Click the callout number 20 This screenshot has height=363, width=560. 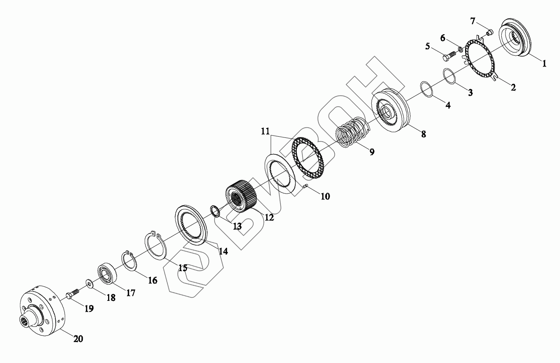tap(78, 339)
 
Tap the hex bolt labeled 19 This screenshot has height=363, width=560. tap(73, 293)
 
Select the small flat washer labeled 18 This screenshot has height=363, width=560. tap(89, 283)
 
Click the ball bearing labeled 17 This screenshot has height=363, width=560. tap(107, 273)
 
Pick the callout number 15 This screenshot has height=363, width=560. tap(183, 268)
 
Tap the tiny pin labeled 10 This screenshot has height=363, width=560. tap(305, 186)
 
